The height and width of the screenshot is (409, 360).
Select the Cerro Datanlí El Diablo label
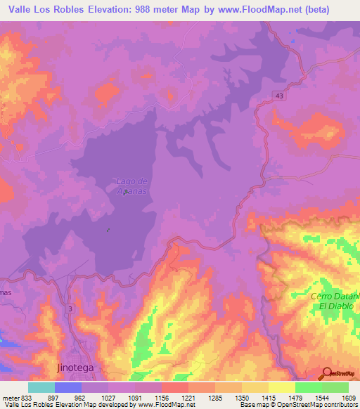coord(335,301)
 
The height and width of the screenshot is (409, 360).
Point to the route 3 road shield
coord(70,308)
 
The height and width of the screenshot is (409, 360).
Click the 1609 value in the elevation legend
coord(348,398)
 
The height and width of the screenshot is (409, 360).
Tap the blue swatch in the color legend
coord(67,387)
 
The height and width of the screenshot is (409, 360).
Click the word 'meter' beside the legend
coord(10,398)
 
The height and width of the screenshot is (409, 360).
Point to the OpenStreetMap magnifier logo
coord(326,373)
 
